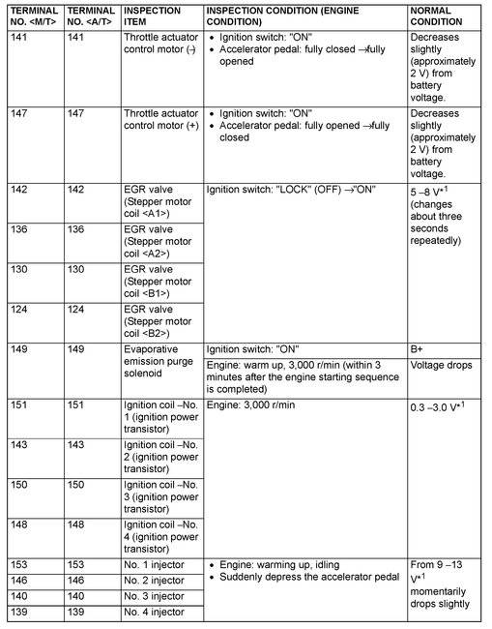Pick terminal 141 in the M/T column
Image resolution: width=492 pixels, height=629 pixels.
pos(21,38)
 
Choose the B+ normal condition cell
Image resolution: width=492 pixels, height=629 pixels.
pos(419,349)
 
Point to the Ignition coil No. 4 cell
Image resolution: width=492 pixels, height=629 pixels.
pos(160,536)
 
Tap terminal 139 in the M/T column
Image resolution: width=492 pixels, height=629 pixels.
pos(21,613)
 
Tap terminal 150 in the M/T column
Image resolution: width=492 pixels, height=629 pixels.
pos(21,485)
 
